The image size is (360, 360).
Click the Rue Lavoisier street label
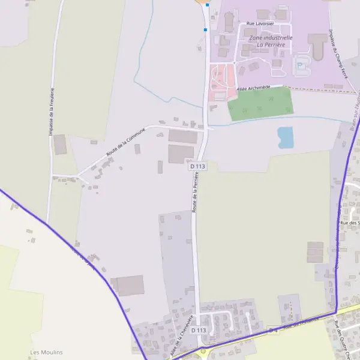click(260, 23)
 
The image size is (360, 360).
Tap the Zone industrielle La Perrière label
click(271, 41)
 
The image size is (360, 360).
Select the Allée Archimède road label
click(259, 88)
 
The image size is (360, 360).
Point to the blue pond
click(286, 137)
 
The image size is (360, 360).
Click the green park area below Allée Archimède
click(261, 104)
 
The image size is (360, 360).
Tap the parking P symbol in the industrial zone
click(299, 65)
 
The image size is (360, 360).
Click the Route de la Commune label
click(125, 142)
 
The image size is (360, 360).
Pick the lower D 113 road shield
click(199, 330)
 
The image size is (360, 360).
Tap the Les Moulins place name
click(46, 352)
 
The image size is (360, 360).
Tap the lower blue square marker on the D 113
click(205, 29)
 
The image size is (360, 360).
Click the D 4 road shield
click(274, 329)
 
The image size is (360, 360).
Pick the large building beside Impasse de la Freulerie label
click(60, 145)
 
